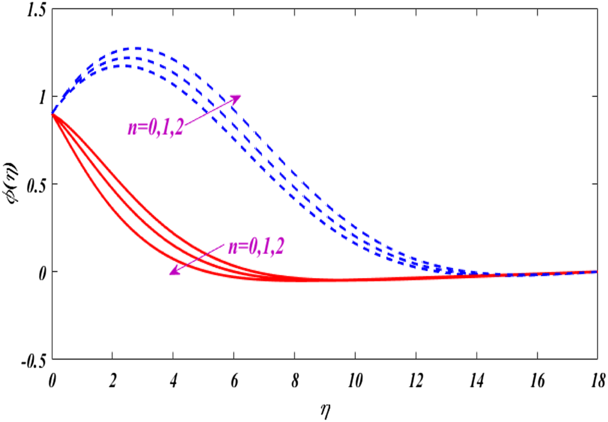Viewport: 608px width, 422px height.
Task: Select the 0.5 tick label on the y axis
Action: (x=31, y=184)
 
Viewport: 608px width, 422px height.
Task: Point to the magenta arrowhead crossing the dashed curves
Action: (x=236, y=99)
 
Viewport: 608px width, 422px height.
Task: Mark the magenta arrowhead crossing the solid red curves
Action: (x=174, y=272)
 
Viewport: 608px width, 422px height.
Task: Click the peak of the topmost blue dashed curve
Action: (x=136, y=48)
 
